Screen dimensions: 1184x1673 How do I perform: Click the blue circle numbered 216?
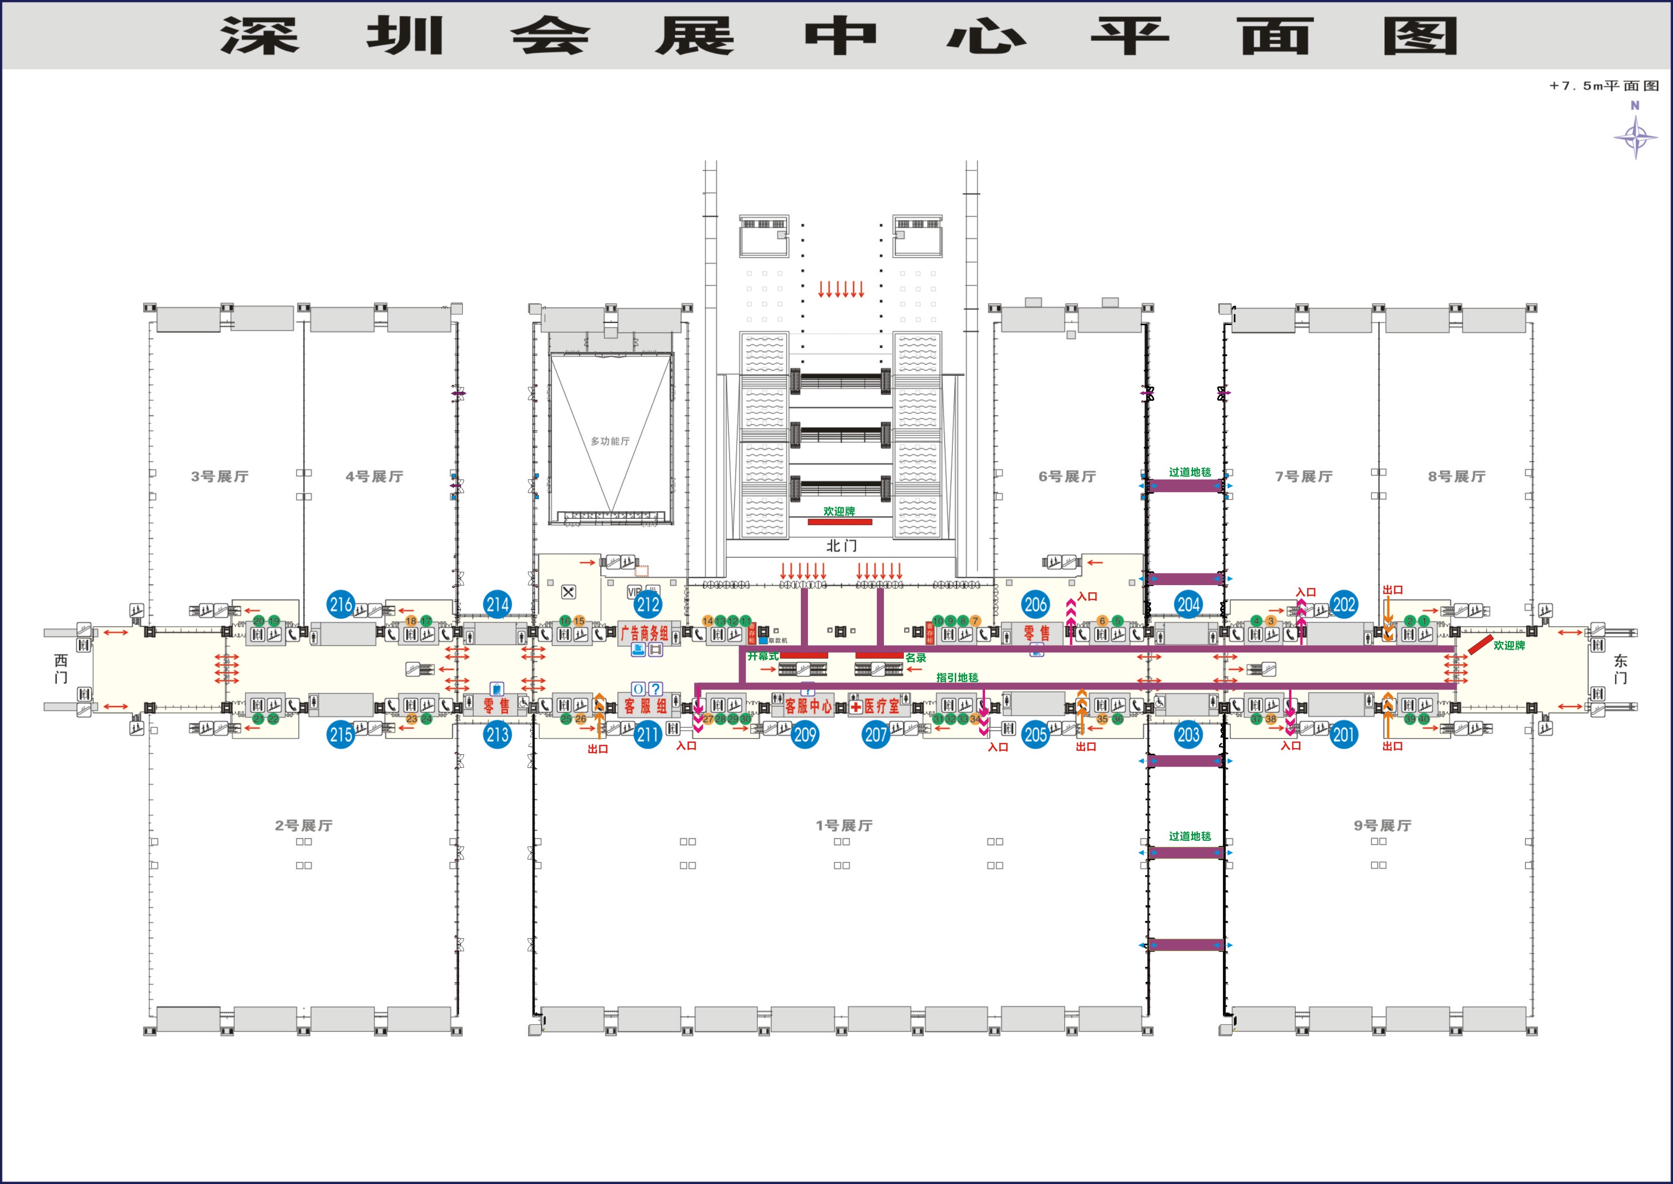pyautogui.click(x=340, y=605)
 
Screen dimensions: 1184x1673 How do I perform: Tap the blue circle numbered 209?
pyautogui.click(x=805, y=734)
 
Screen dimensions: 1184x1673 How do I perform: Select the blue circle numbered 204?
pyautogui.click(x=1188, y=605)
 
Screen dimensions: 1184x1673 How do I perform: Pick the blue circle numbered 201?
pyautogui.click(x=1343, y=734)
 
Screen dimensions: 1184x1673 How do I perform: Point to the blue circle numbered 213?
pyautogui.click(x=497, y=734)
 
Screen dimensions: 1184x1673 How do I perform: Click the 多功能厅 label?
pyautogui.click(x=610, y=441)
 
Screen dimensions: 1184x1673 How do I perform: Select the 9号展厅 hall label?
pyautogui.click(x=1382, y=825)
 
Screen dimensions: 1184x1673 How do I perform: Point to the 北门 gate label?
pyautogui.click(x=841, y=545)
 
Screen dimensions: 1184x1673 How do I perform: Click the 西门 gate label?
pyautogui.click(x=61, y=669)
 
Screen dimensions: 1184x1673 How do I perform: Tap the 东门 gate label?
pyautogui.click(x=1620, y=669)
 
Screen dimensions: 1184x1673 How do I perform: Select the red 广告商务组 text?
pyautogui.click(x=645, y=633)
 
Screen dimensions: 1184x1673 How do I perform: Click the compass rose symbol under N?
pyautogui.click(x=1635, y=137)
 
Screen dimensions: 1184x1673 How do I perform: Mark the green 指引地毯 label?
pyautogui.click(x=957, y=677)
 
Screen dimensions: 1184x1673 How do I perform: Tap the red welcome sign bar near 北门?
pyautogui.click(x=840, y=522)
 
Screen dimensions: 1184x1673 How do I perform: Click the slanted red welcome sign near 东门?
pyautogui.click(x=1480, y=645)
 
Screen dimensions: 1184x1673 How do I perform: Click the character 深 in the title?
pyautogui.click(x=260, y=36)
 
